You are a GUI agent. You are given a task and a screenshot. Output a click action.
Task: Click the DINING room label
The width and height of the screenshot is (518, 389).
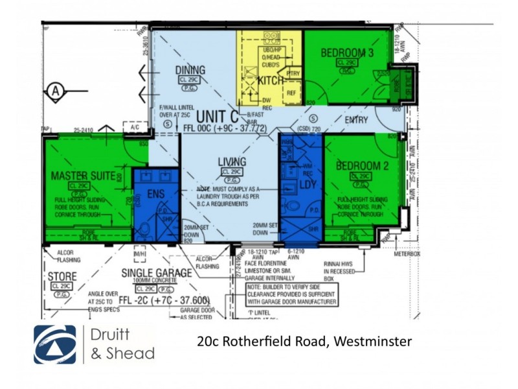click(x=190, y=70)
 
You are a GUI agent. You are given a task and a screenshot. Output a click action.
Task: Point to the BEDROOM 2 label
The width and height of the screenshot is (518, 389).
click(x=362, y=167)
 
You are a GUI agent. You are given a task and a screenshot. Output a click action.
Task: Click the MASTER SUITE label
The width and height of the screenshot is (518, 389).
click(x=83, y=176)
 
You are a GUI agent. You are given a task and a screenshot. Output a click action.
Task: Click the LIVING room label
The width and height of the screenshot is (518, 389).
click(x=231, y=162)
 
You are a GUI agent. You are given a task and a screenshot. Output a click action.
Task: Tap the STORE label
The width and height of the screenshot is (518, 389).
click(x=62, y=277)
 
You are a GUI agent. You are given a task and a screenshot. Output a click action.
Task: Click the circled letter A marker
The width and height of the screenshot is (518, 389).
click(x=56, y=90)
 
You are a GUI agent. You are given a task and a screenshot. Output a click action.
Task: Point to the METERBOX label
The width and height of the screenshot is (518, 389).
click(x=407, y=254)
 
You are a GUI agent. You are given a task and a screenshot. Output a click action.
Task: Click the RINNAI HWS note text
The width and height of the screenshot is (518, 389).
click(x=341, y=264)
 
